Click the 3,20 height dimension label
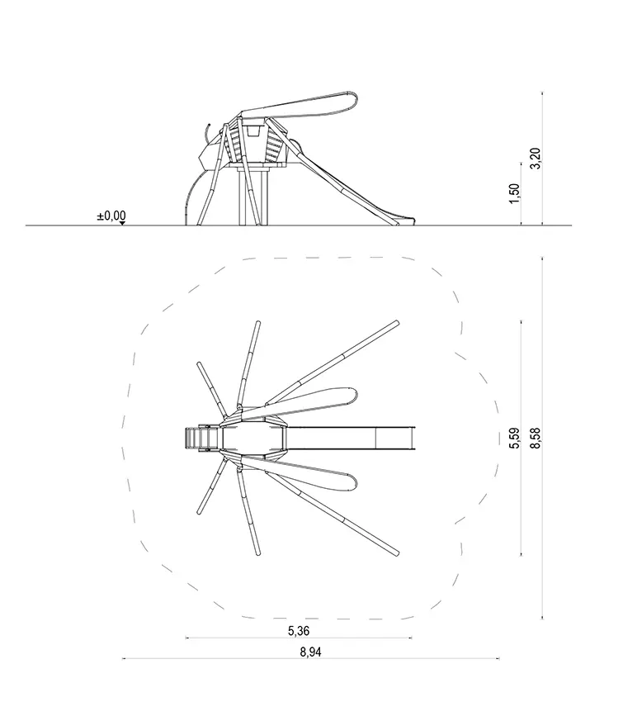[536, 159]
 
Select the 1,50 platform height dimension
[514, 193]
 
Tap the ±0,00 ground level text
[111, 216]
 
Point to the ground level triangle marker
[123, 223]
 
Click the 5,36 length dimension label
[299, 631]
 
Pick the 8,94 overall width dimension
[310, 652]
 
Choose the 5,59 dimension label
[514, 439]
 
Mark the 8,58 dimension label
[535, 439]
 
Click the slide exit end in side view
[408, 221]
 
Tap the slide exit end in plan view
[413, 439]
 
